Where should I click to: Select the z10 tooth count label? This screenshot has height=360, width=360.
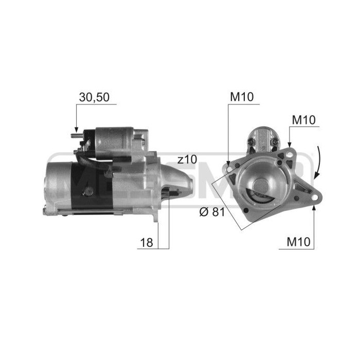[x=186, y=159]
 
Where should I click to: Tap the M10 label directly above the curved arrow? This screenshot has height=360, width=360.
[x=303, y=120]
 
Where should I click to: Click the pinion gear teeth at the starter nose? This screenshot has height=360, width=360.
[x=171, y=193]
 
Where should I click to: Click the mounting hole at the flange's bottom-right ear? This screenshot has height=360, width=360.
[x=312, y=196]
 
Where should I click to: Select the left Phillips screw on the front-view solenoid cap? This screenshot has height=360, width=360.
[x=251, y=139]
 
